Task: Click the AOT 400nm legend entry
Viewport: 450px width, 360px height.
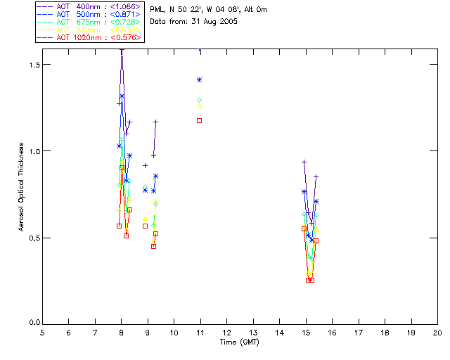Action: click(89, 6)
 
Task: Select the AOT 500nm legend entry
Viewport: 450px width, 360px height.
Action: click(89, 14)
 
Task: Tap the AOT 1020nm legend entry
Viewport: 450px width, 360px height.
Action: click(89, 37)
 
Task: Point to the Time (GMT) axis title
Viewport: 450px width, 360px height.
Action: click(240, 342)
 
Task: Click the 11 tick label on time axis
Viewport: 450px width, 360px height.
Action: click(200, 333)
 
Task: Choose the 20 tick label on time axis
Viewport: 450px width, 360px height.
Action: click(437, 333)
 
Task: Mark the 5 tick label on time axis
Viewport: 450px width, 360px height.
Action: click(42, 333)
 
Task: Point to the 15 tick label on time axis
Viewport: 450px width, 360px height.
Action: click(306, 333)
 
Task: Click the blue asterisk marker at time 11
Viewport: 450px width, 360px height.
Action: click(200, 80)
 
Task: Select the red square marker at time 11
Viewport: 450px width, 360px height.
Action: click(200, 120)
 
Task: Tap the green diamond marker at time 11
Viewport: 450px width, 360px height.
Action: click(200, 101)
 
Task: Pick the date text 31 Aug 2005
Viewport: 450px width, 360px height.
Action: click(214, 22)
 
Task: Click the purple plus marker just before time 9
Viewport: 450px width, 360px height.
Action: click(146, 165)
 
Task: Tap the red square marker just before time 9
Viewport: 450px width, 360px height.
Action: click(146, 226)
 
